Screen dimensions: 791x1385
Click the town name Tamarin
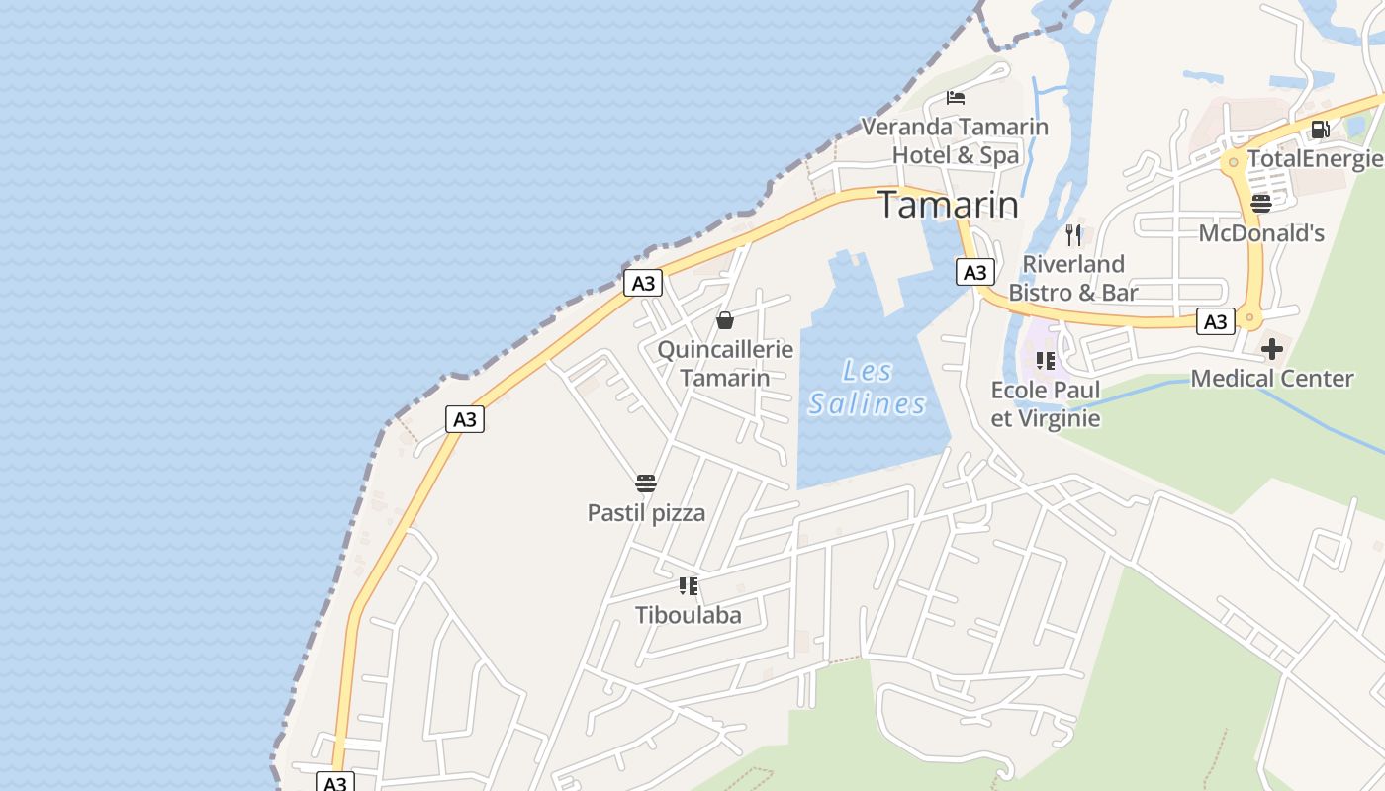tap(948, 205)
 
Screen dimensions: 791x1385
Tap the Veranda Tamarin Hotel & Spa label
tap(955, 140)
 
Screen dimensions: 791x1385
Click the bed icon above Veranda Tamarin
tap(955, 97)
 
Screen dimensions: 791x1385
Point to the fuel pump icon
tap(1320, 130)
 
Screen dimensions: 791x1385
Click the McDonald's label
tap(1261, 233)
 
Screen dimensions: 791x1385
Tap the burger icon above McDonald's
tap(1261, 204)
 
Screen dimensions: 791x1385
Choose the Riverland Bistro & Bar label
tap(1073, 278)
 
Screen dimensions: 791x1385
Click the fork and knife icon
tap(1073, 234)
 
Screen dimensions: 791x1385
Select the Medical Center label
tap(1272, 378)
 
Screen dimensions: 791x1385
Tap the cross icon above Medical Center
tap(1272, 348)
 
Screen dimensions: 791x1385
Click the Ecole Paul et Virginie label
tap(1046, 403)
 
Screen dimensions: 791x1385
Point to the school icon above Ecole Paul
tap(1046, 361)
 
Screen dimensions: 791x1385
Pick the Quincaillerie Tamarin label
tap(725, 363)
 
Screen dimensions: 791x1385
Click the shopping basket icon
tap(725, 320)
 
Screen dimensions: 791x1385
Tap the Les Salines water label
tap(868, 388)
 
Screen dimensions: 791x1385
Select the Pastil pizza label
tap(646, 512)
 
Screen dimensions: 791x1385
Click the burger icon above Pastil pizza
tap(646, 483)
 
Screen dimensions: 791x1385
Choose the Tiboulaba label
tap(689, 615)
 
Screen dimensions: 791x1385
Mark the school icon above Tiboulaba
tap(689, 586)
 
